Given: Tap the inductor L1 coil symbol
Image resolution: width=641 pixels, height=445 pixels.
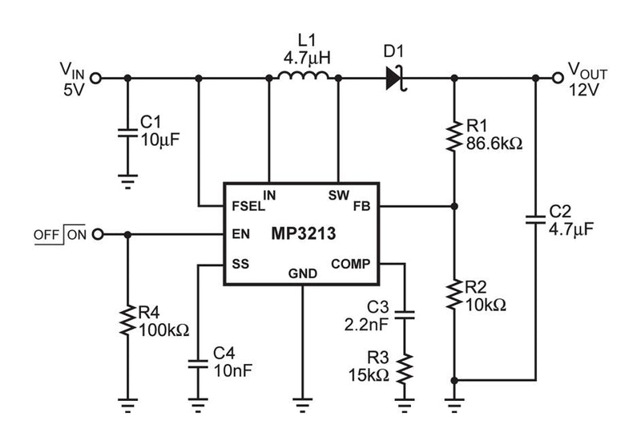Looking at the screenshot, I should pyautogui.click(x=303, y=78).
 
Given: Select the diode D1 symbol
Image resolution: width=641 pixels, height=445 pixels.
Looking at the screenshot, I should pyautogui.click(x=394, y=78).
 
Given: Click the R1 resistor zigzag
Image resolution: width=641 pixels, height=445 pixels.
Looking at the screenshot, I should pyautogui.click(x=454, y=136).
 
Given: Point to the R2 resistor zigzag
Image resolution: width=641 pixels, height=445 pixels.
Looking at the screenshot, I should pyautogui.click(x=454, y=295).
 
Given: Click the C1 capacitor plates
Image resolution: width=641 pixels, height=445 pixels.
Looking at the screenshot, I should pyautogui.click(x=126, y=132).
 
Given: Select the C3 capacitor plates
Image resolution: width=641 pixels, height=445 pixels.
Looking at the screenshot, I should pyautogui.click(x=406, y=313).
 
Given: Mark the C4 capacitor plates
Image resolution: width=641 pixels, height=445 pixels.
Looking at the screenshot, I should pyautogui.click(x=198, y=362).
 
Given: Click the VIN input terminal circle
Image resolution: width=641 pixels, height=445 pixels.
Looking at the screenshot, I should pyautogui.click(x=97, y=78).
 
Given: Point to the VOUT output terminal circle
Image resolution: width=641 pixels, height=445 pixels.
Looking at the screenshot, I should pyautogui.click(x=558, y=78).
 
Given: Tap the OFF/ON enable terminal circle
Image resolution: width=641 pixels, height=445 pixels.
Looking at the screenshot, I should pyautogui.click(x=98, y=234).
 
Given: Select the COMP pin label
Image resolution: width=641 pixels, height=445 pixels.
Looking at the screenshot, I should pyautogui.click(x=351, y=263).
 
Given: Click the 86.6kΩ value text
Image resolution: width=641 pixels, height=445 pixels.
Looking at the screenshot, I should pyautogui.click(x=494, y=144).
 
